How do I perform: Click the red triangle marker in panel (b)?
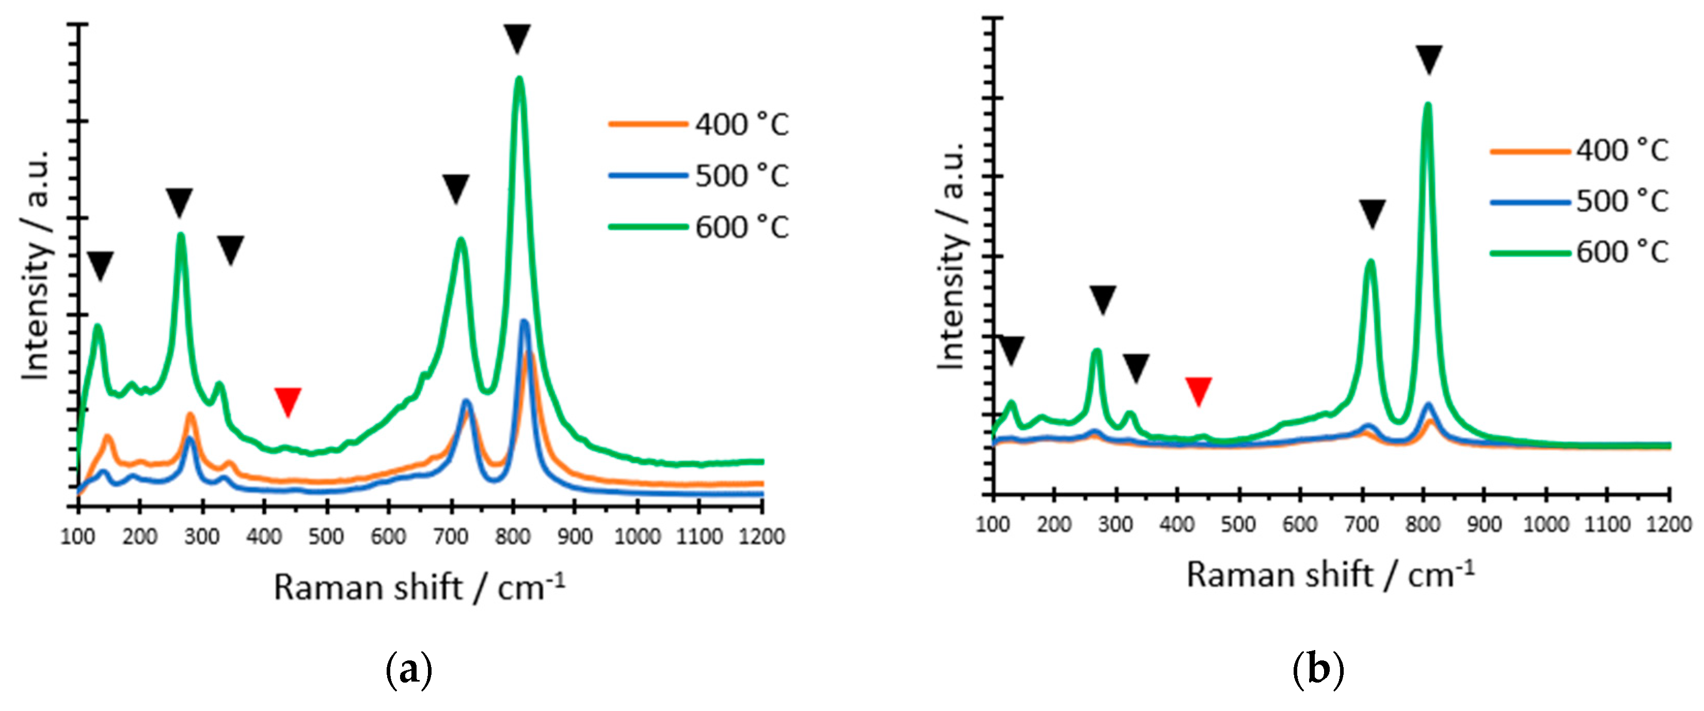1198,391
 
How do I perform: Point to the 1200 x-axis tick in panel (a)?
762,536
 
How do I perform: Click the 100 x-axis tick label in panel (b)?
992,524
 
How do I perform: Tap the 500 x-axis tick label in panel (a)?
326,536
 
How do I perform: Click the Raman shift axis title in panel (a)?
419,587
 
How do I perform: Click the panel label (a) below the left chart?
408,670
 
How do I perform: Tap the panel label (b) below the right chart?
1318,670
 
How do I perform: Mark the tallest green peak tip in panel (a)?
519,80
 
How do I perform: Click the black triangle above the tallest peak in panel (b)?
1429,59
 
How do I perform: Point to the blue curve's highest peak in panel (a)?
524,322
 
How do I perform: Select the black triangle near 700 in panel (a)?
456,188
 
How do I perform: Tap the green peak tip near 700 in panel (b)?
1370,261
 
